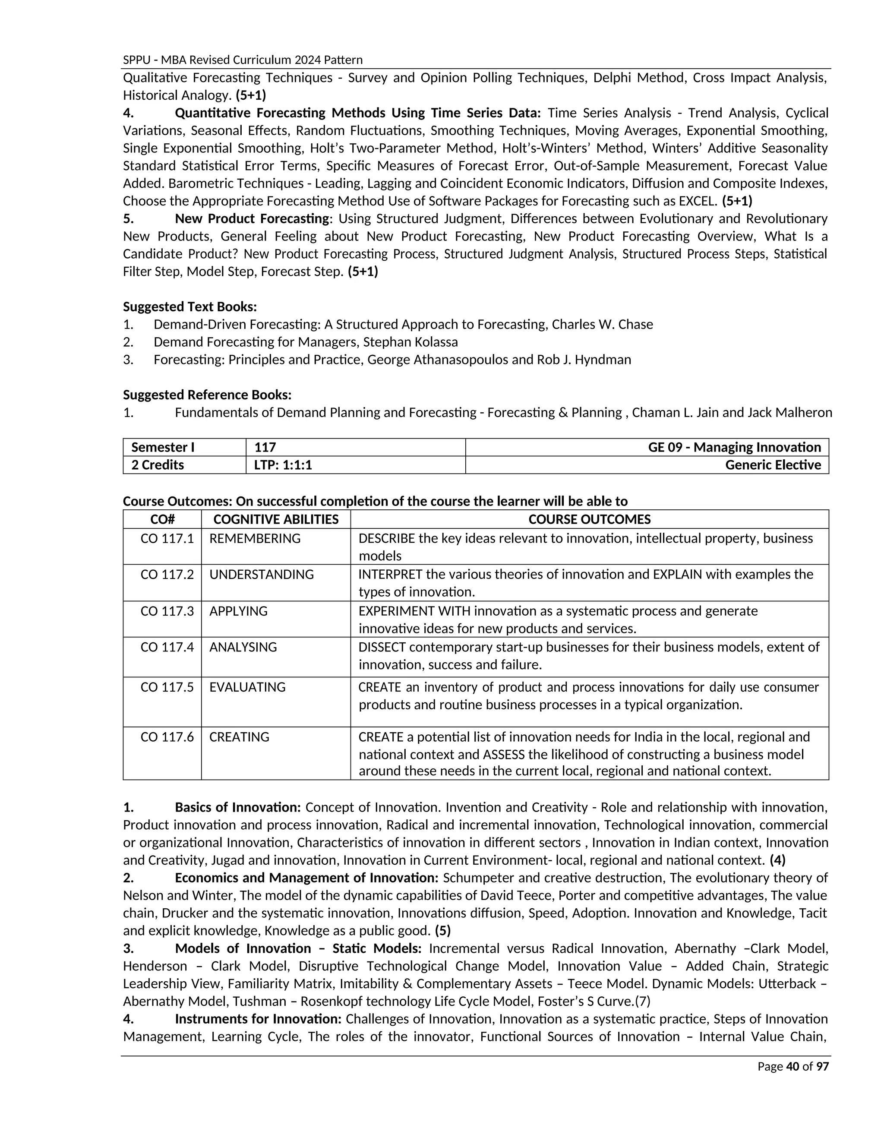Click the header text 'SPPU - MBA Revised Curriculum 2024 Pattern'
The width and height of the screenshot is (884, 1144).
pyautogui.click(x=243, y=60)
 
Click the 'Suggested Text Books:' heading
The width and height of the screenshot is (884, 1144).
pyautogui.click(x=189, y=307)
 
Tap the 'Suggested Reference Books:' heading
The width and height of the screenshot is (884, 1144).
pyautogui.click(x=207, y=395)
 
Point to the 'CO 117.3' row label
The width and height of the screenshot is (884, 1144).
pyautogui.click(x=167, y=611)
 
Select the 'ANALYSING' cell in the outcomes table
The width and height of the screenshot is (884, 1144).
pyautogui.click(x=243, y=647)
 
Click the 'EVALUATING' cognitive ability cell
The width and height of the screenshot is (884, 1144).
pyautogui.click(x=247, y=687)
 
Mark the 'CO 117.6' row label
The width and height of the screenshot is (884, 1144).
pyautogui.click(x=167, y=736)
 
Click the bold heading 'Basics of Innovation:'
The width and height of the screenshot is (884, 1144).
pyautogui.click(x=238, y=807)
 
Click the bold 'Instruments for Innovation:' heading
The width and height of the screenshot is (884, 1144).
pyautogui.click(x=258, y=1019)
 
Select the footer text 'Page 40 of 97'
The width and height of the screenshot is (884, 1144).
pyautogui.click(x=793, y=1066)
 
